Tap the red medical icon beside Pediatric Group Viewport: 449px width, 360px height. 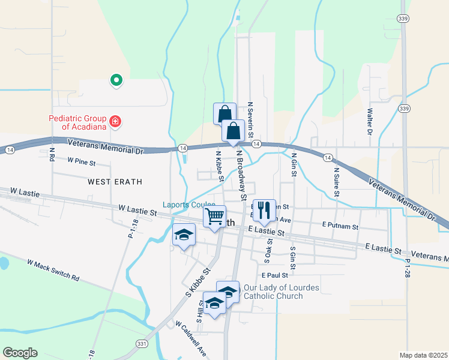115,123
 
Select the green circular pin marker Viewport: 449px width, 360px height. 115,80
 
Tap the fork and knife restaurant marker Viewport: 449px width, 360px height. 264,209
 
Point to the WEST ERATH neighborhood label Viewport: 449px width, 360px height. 112,181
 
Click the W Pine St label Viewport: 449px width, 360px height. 82,161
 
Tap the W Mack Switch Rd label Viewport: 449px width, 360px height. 53,270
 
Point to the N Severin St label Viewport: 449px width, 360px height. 251,119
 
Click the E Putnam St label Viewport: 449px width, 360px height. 340,227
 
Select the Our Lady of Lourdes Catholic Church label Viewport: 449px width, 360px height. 281,292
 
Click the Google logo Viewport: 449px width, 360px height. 20,352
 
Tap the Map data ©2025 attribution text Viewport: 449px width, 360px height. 423,355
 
